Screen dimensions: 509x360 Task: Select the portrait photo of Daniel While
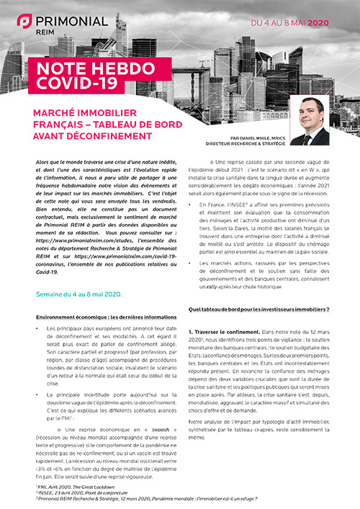(x=309, y=120)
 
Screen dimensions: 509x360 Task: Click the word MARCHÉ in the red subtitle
(x=58, y=112)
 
